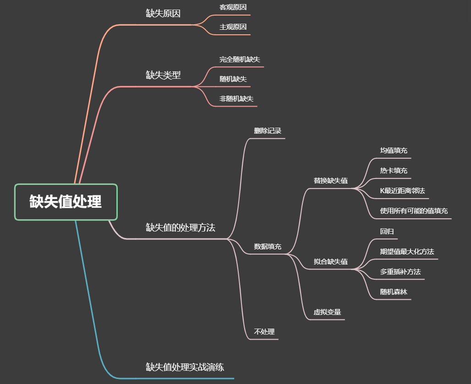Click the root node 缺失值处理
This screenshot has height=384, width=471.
[66, 202]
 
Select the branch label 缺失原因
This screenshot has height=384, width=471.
[163, 13]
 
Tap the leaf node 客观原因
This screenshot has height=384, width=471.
[233, 7]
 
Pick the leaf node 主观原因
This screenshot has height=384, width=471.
[233, 27]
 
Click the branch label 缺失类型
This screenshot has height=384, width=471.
[163, 75]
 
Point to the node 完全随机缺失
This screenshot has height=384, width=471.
[240, 59]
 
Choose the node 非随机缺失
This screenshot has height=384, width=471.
[236, 99]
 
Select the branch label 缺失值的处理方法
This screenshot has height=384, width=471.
[181, 227]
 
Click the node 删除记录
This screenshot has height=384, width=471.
[268, 131]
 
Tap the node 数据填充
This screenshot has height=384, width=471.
[268, 247]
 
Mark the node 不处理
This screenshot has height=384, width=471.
[264, 332]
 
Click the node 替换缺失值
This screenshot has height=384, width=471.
[330, 181]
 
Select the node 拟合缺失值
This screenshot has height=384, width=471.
[330, 262]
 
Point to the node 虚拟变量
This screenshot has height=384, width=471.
[327, 312]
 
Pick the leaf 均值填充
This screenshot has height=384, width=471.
[394, 151]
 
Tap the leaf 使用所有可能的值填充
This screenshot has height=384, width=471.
[414, 211]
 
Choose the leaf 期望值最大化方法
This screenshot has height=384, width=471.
[407, 252]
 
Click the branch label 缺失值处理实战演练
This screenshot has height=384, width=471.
[185, 367]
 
